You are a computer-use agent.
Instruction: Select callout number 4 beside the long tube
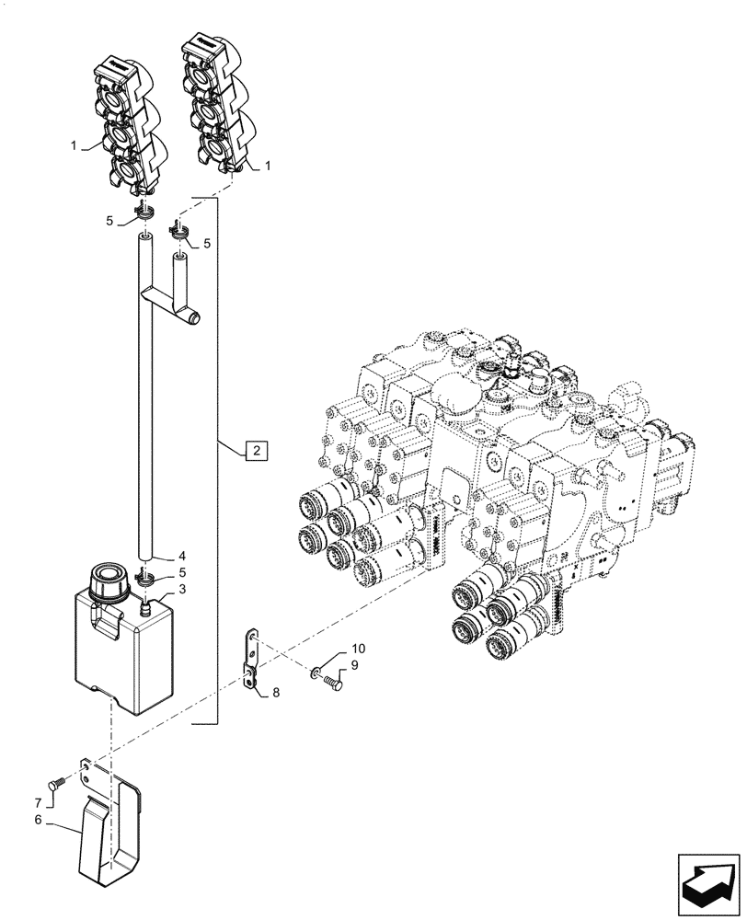point(182,557)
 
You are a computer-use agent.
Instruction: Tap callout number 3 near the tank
point(182,589)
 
